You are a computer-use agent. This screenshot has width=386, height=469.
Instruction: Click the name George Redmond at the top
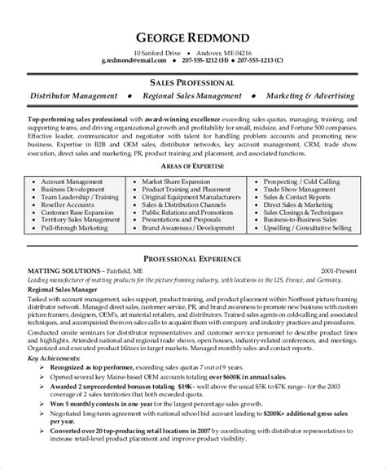click(192, 39)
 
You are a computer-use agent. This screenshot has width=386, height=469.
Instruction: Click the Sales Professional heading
click(192, 83)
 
